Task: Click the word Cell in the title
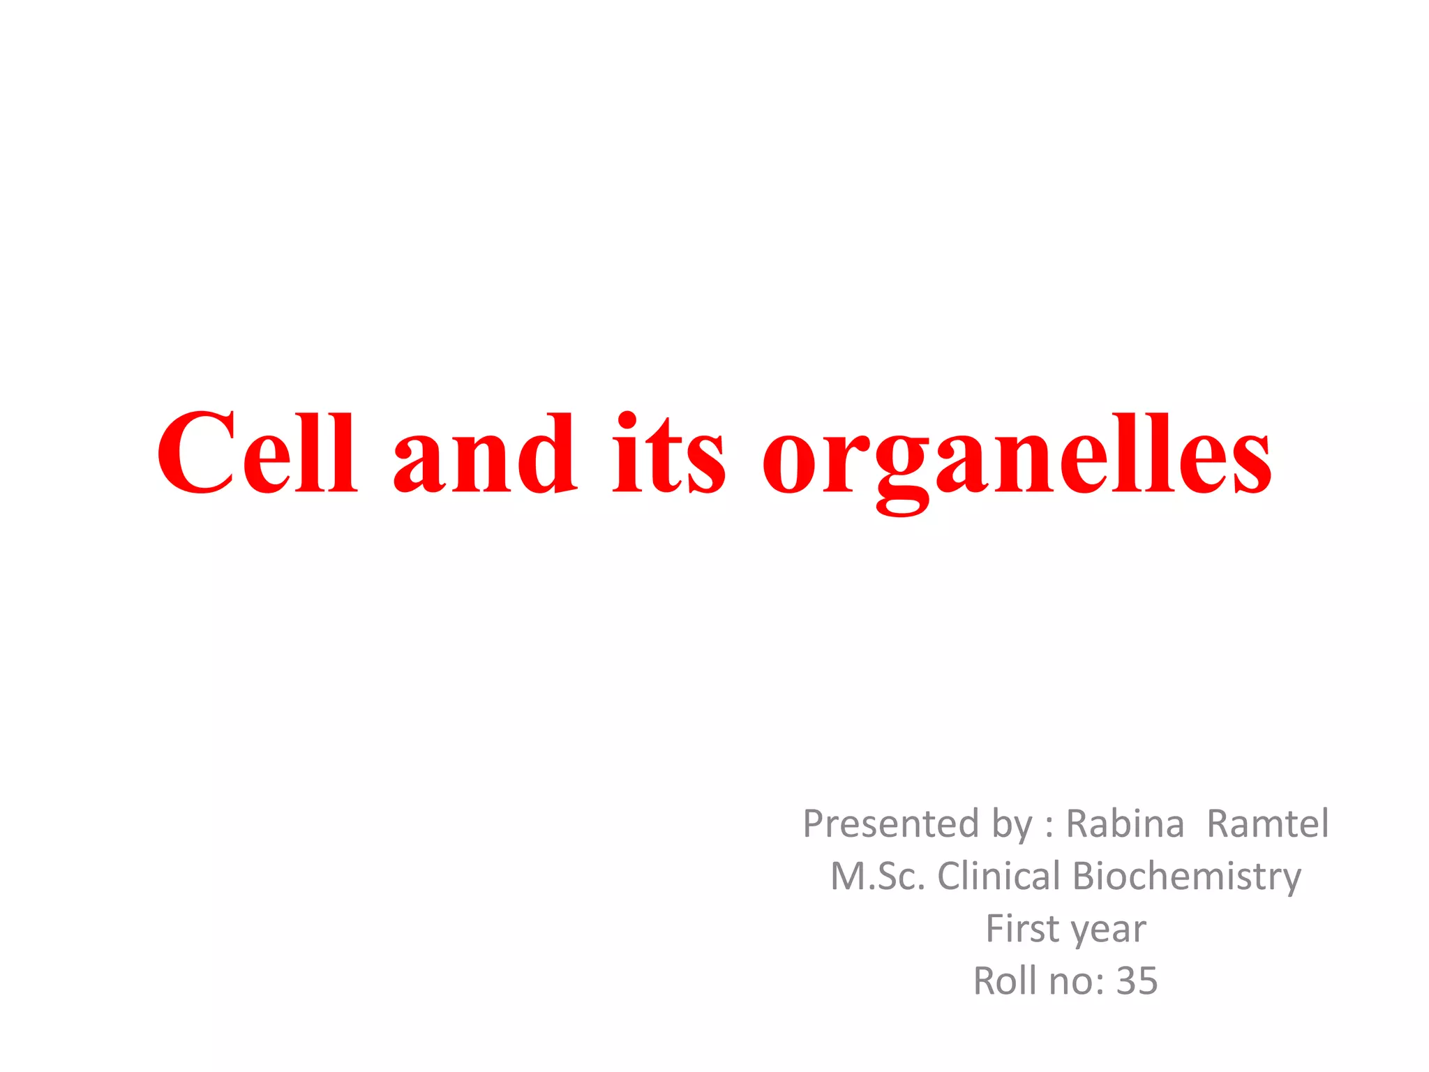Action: pos(257,454)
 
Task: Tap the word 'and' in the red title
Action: pos(485,454)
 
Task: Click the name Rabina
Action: pos(1125,824)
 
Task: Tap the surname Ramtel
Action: pos(1267,824)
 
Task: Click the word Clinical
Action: pos(998,877)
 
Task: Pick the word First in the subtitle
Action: pos(1022,929)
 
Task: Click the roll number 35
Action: pos(1137,981)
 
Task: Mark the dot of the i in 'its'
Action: pos(627,420)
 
